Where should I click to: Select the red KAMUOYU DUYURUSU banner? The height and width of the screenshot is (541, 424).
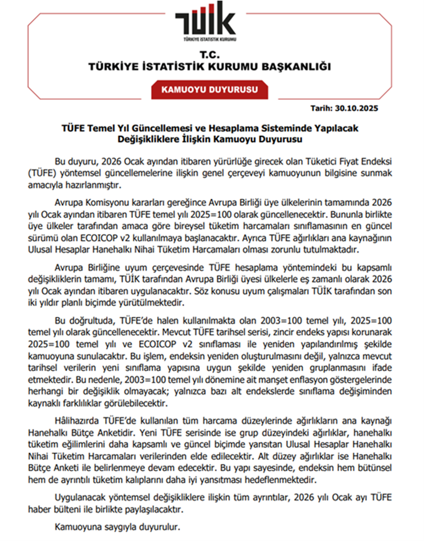pyautogui.click(x=210, y=90)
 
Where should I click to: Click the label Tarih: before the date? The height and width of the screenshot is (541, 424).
pyautogui.click(x=321, y=108)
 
